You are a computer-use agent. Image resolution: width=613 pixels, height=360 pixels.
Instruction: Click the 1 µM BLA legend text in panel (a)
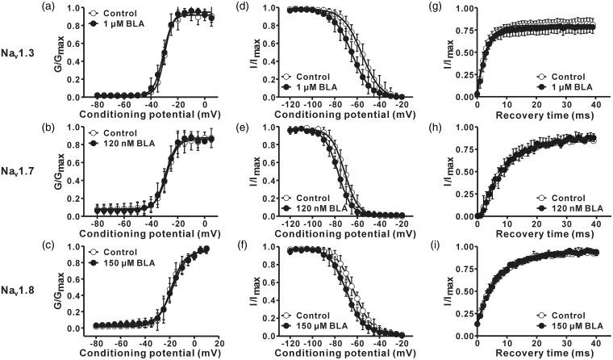pyautogui.click(x=133, y=25)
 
